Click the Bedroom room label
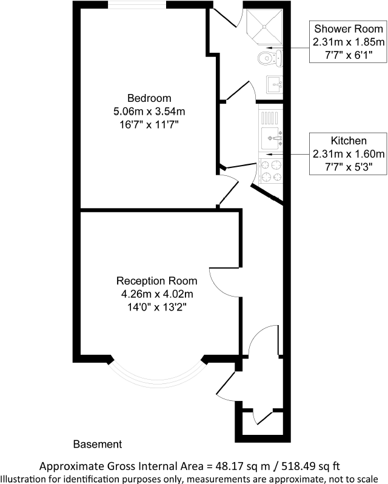[149, 98]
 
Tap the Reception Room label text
[156, 281]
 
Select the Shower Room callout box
[348, 42]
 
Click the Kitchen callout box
[348, 152]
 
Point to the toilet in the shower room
[268, 58]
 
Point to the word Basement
[98, 445]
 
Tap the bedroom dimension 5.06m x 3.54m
[149, 112]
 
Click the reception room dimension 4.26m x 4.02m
[156, 294]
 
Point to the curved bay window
[156, 379]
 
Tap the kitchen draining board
[271, 115]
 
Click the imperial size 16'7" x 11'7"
[149, 124]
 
